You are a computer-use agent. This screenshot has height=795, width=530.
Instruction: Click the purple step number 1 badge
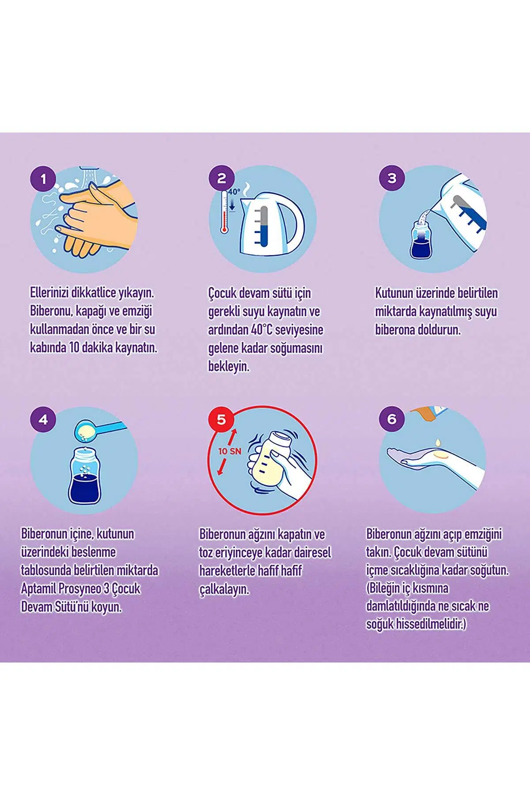click(43, 179)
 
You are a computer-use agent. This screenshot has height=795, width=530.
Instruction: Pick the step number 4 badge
click(43, 420)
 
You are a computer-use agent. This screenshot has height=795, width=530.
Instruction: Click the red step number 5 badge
click(222, 420)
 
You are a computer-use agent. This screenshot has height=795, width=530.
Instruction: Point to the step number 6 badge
click(392, 420)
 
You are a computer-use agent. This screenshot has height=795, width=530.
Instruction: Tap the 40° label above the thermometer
click(235, 192)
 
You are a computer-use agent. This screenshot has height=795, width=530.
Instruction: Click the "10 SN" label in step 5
click(229, 452)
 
